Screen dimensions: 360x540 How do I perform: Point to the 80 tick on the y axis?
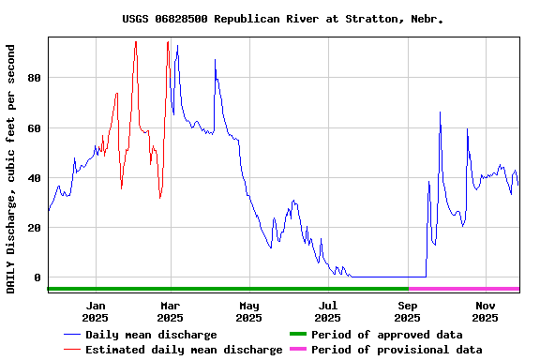(x=35, y=78)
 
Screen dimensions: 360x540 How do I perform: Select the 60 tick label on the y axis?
(x=35, y=127)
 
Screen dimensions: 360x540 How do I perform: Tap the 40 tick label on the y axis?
(x=35, y=178)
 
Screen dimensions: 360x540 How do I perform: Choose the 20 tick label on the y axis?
(x=35, y=228)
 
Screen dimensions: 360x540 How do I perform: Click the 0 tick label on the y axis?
(x=38, y=277)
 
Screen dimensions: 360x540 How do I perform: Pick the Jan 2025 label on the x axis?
(x=95, y=311)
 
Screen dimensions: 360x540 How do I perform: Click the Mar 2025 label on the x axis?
(x=170, y=311)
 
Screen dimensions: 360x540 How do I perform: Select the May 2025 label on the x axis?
(x=248, y=311)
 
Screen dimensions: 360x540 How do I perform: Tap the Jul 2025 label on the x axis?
(x=328, y=311)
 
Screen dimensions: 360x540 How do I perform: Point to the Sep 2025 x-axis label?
(x=408, y=311)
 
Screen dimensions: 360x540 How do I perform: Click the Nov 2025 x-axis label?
(x=486, y=311)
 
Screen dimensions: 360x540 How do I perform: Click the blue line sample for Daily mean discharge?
(x=72, y=335)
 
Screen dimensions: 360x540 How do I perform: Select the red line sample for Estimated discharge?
(x=72, y=350)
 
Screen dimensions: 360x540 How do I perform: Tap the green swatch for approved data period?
(x=297, y=335)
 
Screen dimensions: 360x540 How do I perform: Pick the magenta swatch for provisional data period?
(x=297, y=350)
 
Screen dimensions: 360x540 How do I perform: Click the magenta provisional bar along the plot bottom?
(x=463, y=289)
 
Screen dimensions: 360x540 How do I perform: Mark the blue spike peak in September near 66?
(x=440, y=112)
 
